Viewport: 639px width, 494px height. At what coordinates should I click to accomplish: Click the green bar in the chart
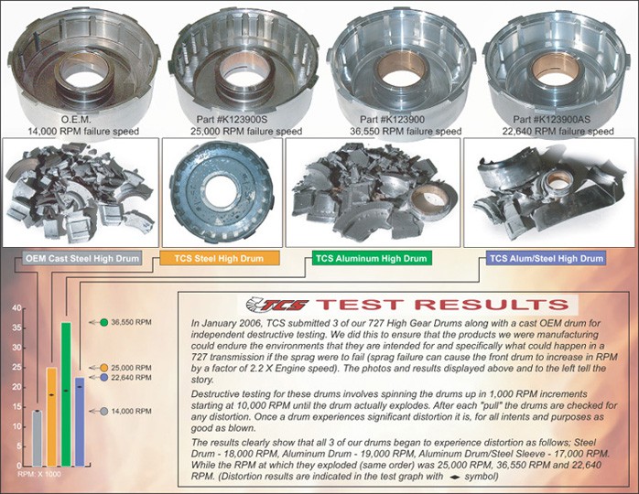pyautogui.click(x=66, y=393)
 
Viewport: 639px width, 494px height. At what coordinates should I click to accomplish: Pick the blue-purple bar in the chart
pyautogui.click(x=80, y=421)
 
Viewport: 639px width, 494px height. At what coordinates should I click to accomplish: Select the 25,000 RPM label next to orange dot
pyautogui.click(x=133, y=368)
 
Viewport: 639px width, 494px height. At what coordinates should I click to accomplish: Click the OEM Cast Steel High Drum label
pyautogui.click(x=82, y=259)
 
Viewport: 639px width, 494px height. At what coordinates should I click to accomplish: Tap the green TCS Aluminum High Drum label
pyautogui.click(x=371, y=259)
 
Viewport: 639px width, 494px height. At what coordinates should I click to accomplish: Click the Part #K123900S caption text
pyautogui.click(x=236, y=120)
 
